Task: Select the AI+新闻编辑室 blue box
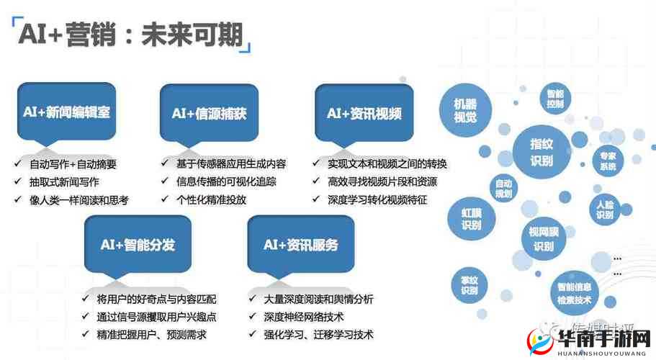point(65,113)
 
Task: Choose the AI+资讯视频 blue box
point(364,113)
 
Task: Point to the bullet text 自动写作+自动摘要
point(73,163)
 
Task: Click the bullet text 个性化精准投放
point(211,199)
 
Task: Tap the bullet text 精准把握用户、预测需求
point(151,334)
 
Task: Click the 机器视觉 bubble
point(465,109)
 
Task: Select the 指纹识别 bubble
point(541,152)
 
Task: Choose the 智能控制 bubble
point(554,99)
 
